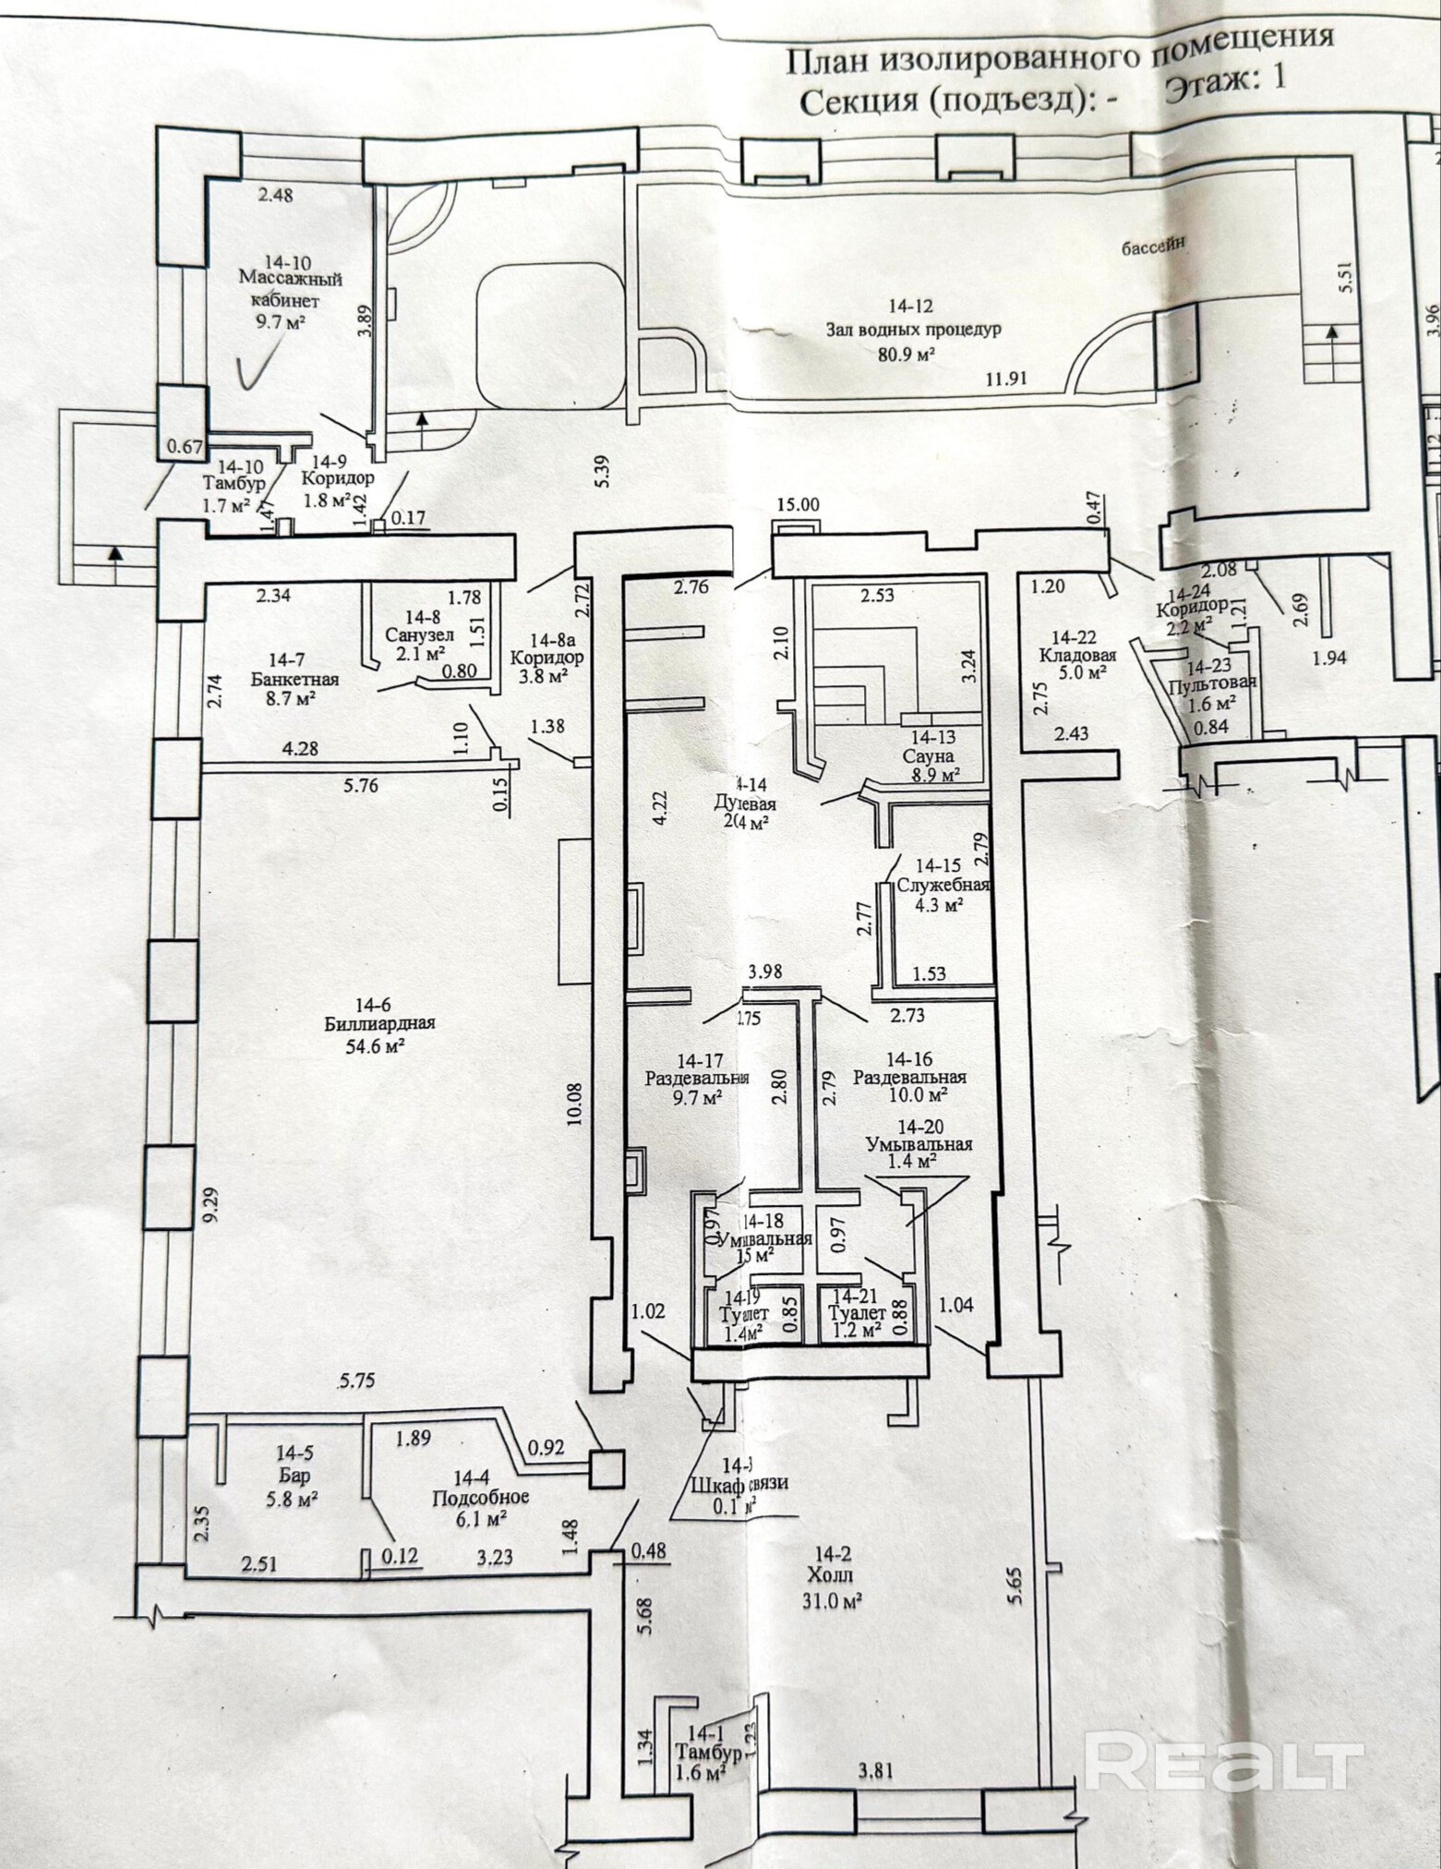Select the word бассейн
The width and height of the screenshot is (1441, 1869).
tap(1153, 246)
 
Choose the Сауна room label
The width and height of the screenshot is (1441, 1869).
tap(934, 755)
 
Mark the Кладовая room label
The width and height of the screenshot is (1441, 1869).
tap(1076, 655)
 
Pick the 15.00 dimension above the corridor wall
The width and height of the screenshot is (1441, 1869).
tap(798, 530)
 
